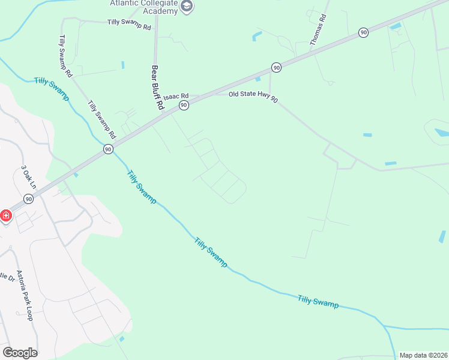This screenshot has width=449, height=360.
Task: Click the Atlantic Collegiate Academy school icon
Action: click(187, 6)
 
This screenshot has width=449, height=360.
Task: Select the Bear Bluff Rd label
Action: click(158, 87)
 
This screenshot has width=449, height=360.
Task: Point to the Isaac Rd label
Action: click(176, 96)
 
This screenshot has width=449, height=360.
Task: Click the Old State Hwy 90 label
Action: click(253, 97)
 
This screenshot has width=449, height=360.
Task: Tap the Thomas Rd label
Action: click(318, 31)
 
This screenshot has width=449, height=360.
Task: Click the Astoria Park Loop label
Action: click(24, 295)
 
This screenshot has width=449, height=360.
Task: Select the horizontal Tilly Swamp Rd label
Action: click(129, 23)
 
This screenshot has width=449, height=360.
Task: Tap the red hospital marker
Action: click(6, 215)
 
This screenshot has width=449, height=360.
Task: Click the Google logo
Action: click(20, 353)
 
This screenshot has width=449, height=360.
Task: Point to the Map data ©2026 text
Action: click(423, 355)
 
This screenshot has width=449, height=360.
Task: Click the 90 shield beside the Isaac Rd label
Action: click(184, 105)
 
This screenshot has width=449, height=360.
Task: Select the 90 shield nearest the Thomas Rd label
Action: click(363, 32)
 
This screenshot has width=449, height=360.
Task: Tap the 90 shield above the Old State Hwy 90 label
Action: click(276, 68)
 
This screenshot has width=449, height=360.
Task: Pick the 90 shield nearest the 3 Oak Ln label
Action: click(28, 199)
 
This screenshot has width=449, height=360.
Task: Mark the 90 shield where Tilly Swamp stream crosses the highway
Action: click(107, 149)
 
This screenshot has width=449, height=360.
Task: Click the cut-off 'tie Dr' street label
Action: click(7, 277)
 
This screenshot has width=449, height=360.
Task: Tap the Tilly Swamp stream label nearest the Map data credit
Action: click(318, 301)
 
